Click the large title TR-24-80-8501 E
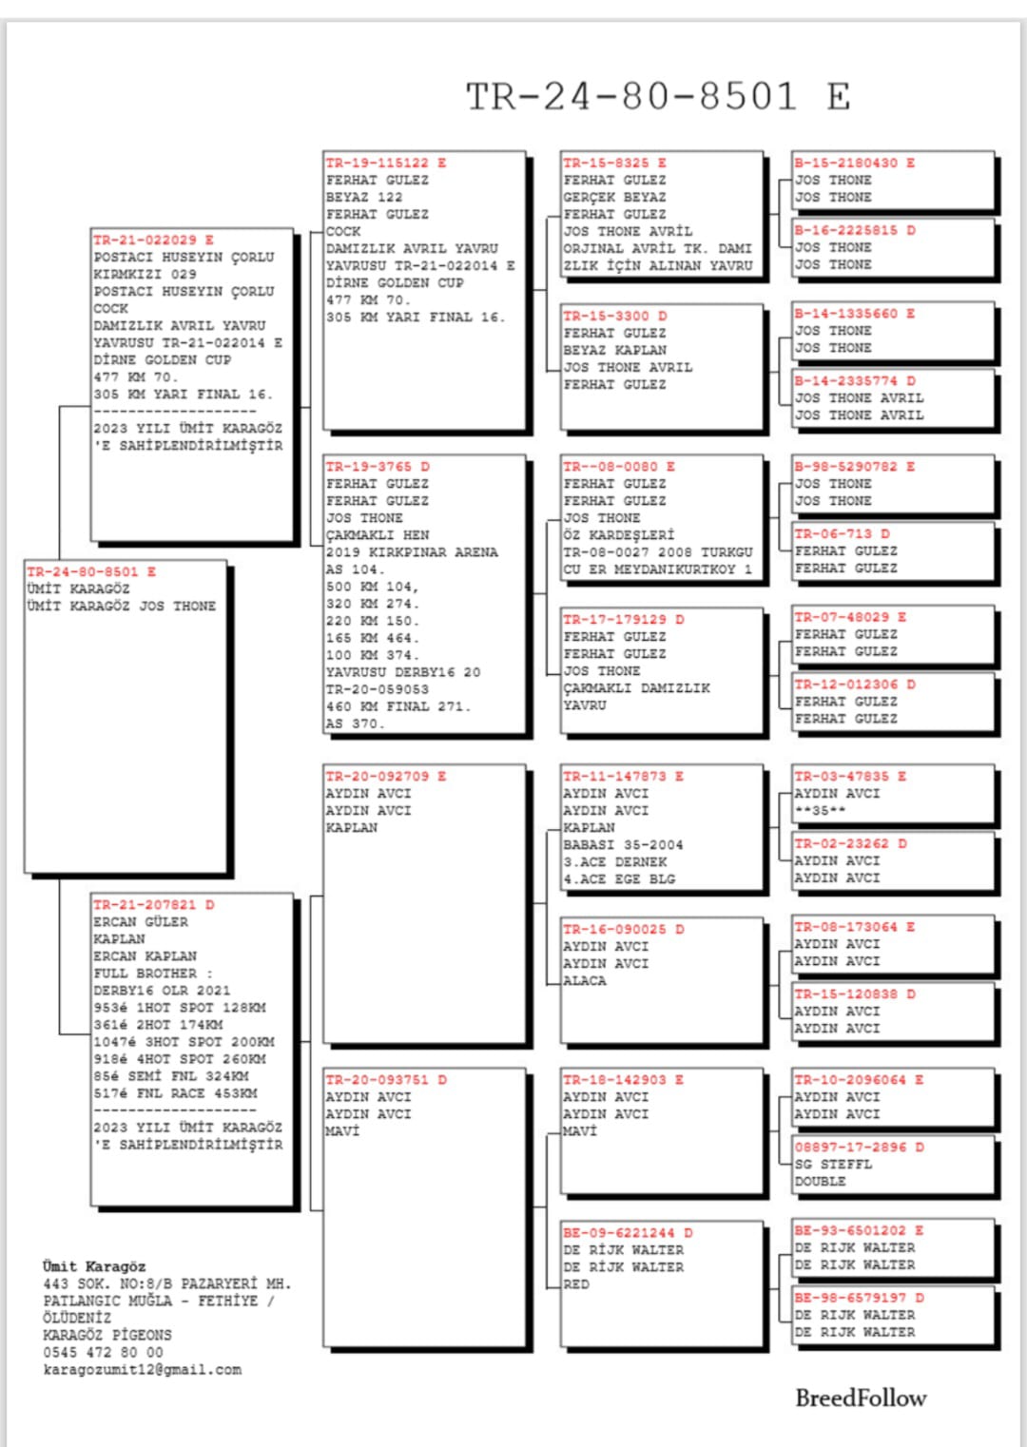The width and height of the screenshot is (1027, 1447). click(657, 96)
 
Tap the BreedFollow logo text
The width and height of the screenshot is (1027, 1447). click(861, 1398)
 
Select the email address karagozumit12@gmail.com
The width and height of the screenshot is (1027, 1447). click(143, 1370)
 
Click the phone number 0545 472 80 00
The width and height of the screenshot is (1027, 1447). click(103, 1353)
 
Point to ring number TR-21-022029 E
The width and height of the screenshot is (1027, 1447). click(153, 240)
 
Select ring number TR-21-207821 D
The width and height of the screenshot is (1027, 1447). click(153, 904)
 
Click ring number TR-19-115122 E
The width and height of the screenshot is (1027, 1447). click(385, 163)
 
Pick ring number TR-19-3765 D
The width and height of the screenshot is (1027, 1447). click(378, 467)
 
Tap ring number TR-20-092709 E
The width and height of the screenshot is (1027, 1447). click(385, 776)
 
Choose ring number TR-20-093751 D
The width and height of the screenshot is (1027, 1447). click(385, 1080)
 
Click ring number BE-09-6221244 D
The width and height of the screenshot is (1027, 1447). click(628, 1233)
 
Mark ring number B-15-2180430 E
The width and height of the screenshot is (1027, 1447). click(855, 163)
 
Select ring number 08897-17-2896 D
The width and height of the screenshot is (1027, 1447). click(860, 1148)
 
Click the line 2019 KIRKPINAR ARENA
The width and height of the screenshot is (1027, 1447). click(412, 552)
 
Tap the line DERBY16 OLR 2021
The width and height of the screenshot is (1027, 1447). click(162, 991)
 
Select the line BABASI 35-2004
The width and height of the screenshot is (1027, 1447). click(623, 845)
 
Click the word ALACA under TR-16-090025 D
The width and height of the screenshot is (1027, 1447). click(584, 981)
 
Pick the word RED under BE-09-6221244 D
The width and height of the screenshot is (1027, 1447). click(576, 1284)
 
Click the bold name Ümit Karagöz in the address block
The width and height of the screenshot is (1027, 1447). click(94, 1266)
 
